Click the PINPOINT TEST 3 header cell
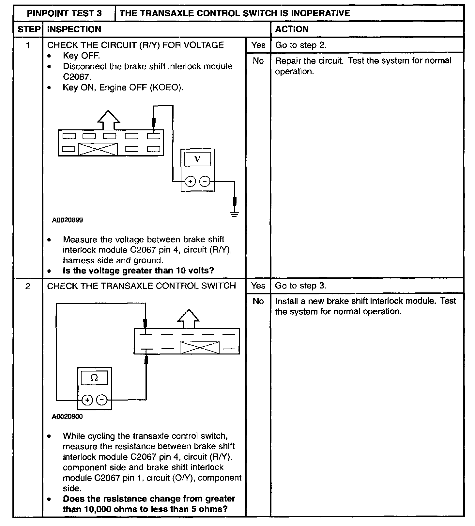click(64, 13)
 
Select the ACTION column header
click(292, 29)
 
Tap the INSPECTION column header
click(74, 29)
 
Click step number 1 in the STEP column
click(28, 45)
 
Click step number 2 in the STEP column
click(28, 286)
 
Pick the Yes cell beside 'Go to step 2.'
click(258, 45)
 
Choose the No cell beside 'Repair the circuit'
click(258, 61)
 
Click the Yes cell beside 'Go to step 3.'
click(258, 286)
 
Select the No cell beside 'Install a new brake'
click(258, 301)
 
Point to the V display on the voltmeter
click(197, 159)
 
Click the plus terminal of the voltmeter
click(190, 181)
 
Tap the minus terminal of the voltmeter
click(205, 181)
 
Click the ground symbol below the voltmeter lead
click(234, 214)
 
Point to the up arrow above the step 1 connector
click(108, 120)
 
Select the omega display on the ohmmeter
click(94, 378)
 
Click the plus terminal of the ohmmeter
click(87, 400)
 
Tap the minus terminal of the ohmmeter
click(102, 400)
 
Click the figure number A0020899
click(68, 220)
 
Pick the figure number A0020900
click(67, 417)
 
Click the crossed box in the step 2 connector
click(200, 348)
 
